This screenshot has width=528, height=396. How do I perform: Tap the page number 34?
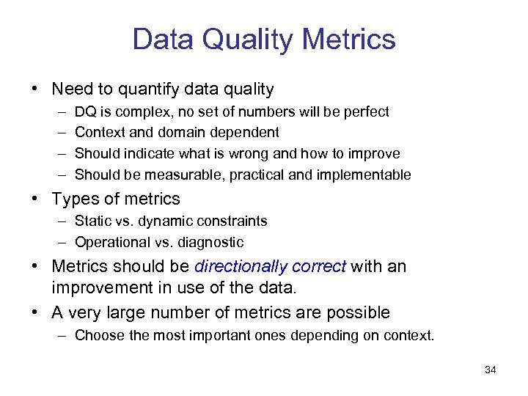[491, 370]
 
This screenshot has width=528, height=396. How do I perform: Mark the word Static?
[93, 221]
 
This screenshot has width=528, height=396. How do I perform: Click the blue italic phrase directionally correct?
[270, 266]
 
